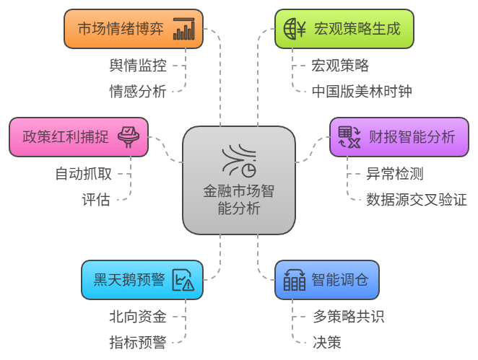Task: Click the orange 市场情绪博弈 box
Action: click(x=134, y=29)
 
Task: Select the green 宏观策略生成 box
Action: click(x=344, y=29)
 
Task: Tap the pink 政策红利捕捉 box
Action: click(x=79, y=136)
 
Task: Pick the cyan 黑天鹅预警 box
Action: click(x=142, y=279)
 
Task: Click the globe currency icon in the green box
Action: click(x=295, y=29)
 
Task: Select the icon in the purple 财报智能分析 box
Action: click(x=349, y=136)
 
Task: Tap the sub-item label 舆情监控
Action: click(x=138, y=66)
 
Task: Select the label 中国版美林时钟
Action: click(x=362, y=91)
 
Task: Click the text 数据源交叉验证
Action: click(x=416, y=199)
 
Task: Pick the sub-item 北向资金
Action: click(x=138, y=317)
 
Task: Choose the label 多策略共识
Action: click(x=348, y=317)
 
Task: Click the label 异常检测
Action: click(x=394, y=174)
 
